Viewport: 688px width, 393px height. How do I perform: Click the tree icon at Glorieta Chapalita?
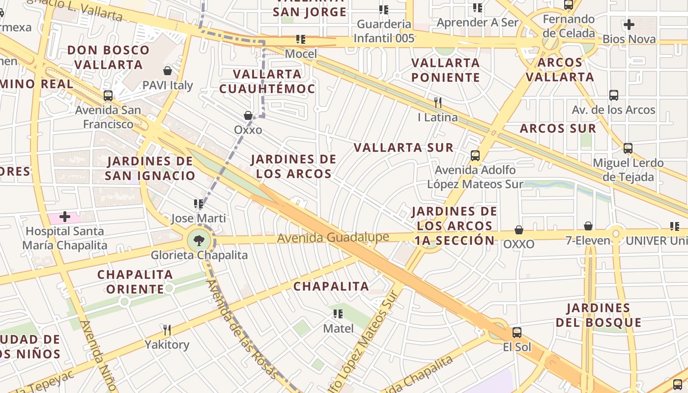pyautogui.click(x=199, y=241)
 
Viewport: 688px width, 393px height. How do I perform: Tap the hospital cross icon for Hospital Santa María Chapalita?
pyautogui.click(x=64, y=217)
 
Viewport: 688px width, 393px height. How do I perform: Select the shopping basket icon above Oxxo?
pyautogui.click(x=249, y=115)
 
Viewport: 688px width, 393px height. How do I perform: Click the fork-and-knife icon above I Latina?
pyautogui.click(x=437, y=103)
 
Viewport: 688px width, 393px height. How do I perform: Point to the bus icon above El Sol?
pyautogui.click(x=516, y=333)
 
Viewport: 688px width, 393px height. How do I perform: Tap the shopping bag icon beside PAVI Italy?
pyautogui.click(x=168, y=71)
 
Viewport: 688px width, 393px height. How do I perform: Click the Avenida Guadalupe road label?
pyautogui.click(x=333, y=238)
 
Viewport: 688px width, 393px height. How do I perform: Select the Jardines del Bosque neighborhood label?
pyautogui.click(x=598, y=315)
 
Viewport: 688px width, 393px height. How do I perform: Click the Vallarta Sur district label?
pyautogui.click(x=403, y=147)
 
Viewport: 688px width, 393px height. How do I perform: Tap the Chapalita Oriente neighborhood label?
pyautogui.click(x=135, y=281)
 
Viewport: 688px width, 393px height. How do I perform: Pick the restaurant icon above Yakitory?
pyautogui.click(x=167, y=330)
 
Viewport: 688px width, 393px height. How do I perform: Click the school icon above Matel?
pyautogui.click(x=338, y=313)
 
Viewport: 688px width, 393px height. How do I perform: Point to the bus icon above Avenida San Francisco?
pyautogui.click(x=108, y=96)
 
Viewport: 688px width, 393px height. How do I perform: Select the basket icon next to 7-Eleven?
pyautogui.click(x=588, y=226)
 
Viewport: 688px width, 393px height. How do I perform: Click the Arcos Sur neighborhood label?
pyautogui.click(x=558, y=129)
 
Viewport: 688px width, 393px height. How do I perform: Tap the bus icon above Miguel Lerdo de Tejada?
pyautogui.click(x=628, y=148)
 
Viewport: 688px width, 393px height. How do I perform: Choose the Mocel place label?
pyautogui.click(x=301, y=54)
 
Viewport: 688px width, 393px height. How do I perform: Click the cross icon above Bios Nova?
pyautogui.click(x=629, y=25)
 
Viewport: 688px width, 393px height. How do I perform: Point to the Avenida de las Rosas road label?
pyautogui.click(x=241, y=329)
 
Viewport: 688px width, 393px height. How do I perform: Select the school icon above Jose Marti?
pyautogui.click(x=199, y=204)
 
